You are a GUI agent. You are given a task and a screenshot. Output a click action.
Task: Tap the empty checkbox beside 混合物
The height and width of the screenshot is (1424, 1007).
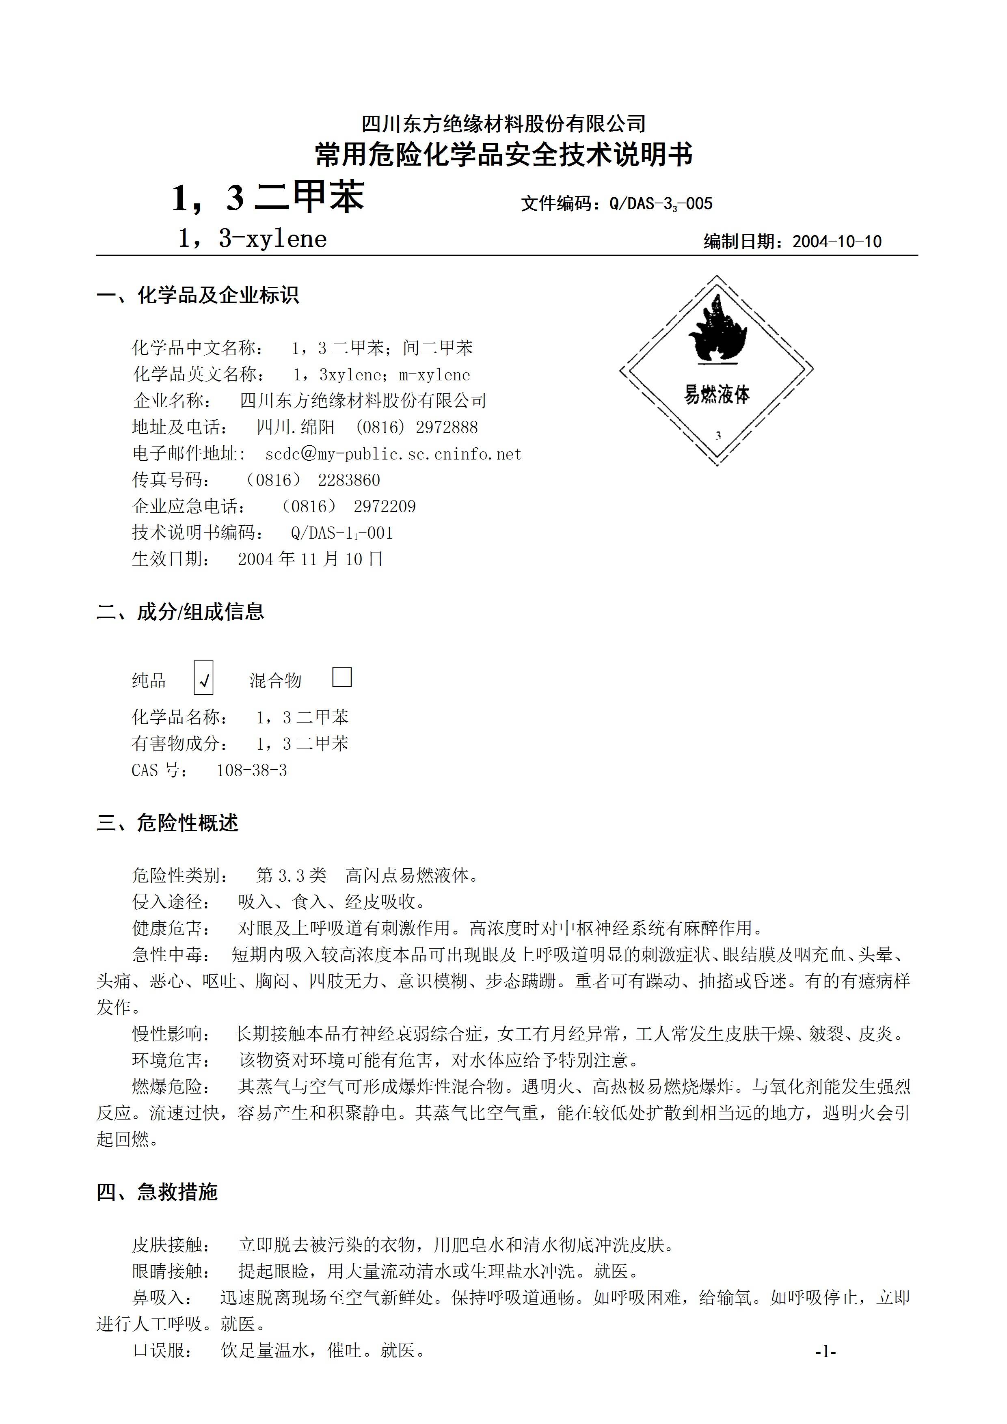(x=342, y=677)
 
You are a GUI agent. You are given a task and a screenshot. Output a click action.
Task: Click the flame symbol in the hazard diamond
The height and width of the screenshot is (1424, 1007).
(x=717, y=330)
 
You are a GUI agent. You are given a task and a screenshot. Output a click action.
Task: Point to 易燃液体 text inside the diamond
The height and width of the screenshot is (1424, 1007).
(x=717, y=395)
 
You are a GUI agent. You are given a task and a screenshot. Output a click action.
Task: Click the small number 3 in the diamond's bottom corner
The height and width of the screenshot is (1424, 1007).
(x=718, y=436)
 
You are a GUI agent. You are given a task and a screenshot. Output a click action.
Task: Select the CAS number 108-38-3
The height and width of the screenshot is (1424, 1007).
(x=251, y=770)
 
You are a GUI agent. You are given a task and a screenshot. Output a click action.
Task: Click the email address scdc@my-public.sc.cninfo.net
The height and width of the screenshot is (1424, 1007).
(x=393, y=454)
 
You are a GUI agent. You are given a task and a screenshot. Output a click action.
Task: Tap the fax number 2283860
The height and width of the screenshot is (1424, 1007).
(x=349, y=480)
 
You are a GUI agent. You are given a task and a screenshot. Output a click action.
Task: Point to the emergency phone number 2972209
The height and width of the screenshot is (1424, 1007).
(x=385, y=507)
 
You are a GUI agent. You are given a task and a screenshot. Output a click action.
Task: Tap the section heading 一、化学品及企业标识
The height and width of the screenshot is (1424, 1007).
(x=198, y=295)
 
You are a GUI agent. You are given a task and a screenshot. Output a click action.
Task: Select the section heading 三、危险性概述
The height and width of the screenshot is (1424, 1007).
(x=168, y=823)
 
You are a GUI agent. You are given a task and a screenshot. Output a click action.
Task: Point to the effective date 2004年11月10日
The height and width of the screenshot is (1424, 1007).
(x=310, y=559)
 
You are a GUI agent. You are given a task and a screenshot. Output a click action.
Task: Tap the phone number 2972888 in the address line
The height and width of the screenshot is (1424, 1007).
(x=447, y=427)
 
